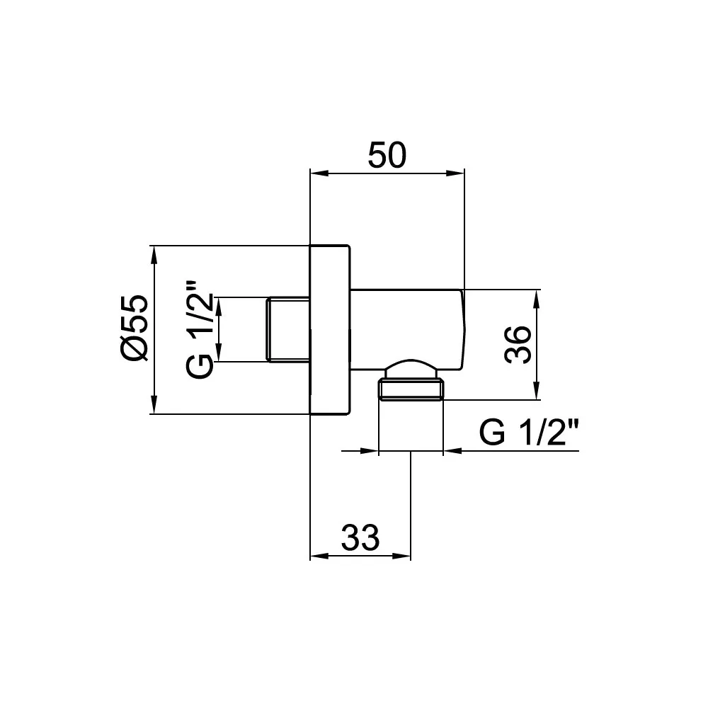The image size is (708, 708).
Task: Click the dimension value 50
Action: pyautogui.click(x=387, y=156)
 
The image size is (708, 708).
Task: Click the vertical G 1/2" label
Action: pyautogui.click(x=200, y=330)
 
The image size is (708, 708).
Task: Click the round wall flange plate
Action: pyautogui.click(x=330, y=330)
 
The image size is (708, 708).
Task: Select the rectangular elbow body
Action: pyautogui.click(x=404, y=329)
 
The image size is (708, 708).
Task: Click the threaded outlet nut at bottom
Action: pyautogui.click(x=411, y=390)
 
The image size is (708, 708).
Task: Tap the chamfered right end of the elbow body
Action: pyautogui.click(x=463, y=329)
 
